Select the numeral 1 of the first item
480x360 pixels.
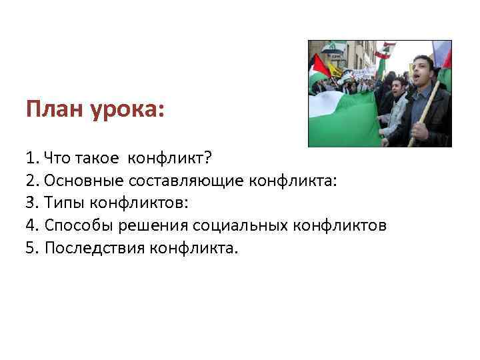pos(30,159)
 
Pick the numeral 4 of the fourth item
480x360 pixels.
pos(30,226)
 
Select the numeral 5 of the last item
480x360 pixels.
pos(30,249)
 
